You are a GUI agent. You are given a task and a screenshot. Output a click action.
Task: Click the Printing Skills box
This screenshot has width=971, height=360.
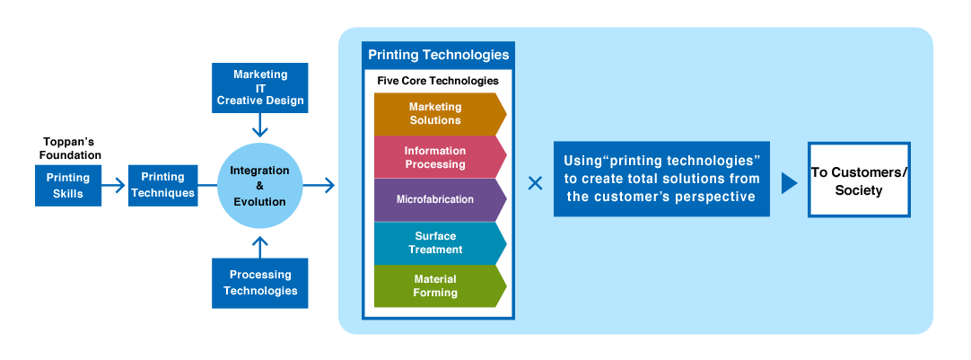click(x=68, y=185)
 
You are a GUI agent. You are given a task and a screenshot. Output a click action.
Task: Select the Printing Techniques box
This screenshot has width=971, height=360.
click(x=162, y=185)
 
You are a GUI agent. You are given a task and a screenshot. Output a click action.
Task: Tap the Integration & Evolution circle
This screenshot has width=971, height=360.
click(x=259, y=186)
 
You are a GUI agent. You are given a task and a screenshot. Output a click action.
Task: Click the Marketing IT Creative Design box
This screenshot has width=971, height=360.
click(x=259, y=87)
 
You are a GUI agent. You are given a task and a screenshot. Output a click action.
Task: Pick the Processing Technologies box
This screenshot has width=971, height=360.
click(x=259, y=283)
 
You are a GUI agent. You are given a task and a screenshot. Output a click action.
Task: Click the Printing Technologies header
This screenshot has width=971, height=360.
click(x=438, y=55)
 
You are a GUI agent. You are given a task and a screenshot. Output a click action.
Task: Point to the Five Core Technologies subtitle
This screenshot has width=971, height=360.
click(x=438, y=81)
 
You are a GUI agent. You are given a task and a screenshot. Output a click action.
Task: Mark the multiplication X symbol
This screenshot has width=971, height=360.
click(x=535, y=183)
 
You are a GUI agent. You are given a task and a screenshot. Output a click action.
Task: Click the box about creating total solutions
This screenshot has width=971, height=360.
click(x=661, y=179)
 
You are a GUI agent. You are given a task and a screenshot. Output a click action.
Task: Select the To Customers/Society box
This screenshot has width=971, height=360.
click(x=859, y=180)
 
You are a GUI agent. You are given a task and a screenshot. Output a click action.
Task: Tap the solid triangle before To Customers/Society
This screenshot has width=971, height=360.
click(x=790, y=183)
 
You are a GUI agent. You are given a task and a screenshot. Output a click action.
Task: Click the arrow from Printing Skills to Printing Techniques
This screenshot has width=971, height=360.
click(x=113, y=186)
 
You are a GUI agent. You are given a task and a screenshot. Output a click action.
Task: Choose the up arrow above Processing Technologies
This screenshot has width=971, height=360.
click(x=259, y=244)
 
